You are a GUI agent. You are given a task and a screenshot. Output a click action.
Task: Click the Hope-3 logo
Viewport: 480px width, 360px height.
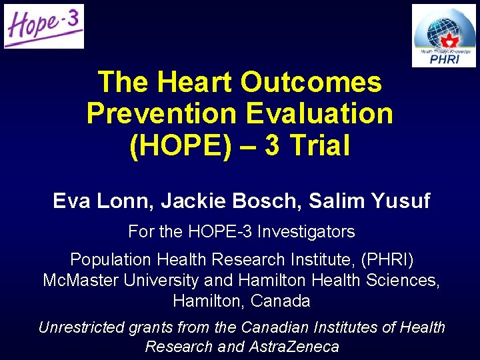[44, 27]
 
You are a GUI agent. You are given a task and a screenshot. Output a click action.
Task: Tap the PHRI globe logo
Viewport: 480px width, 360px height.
[443, 35]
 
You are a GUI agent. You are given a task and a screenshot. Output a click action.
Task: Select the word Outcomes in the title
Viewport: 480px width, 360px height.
[311, 83]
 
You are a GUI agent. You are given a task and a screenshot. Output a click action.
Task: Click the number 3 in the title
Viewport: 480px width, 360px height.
[272, 145]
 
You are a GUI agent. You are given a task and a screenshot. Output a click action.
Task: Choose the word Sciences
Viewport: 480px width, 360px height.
[404, 280]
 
